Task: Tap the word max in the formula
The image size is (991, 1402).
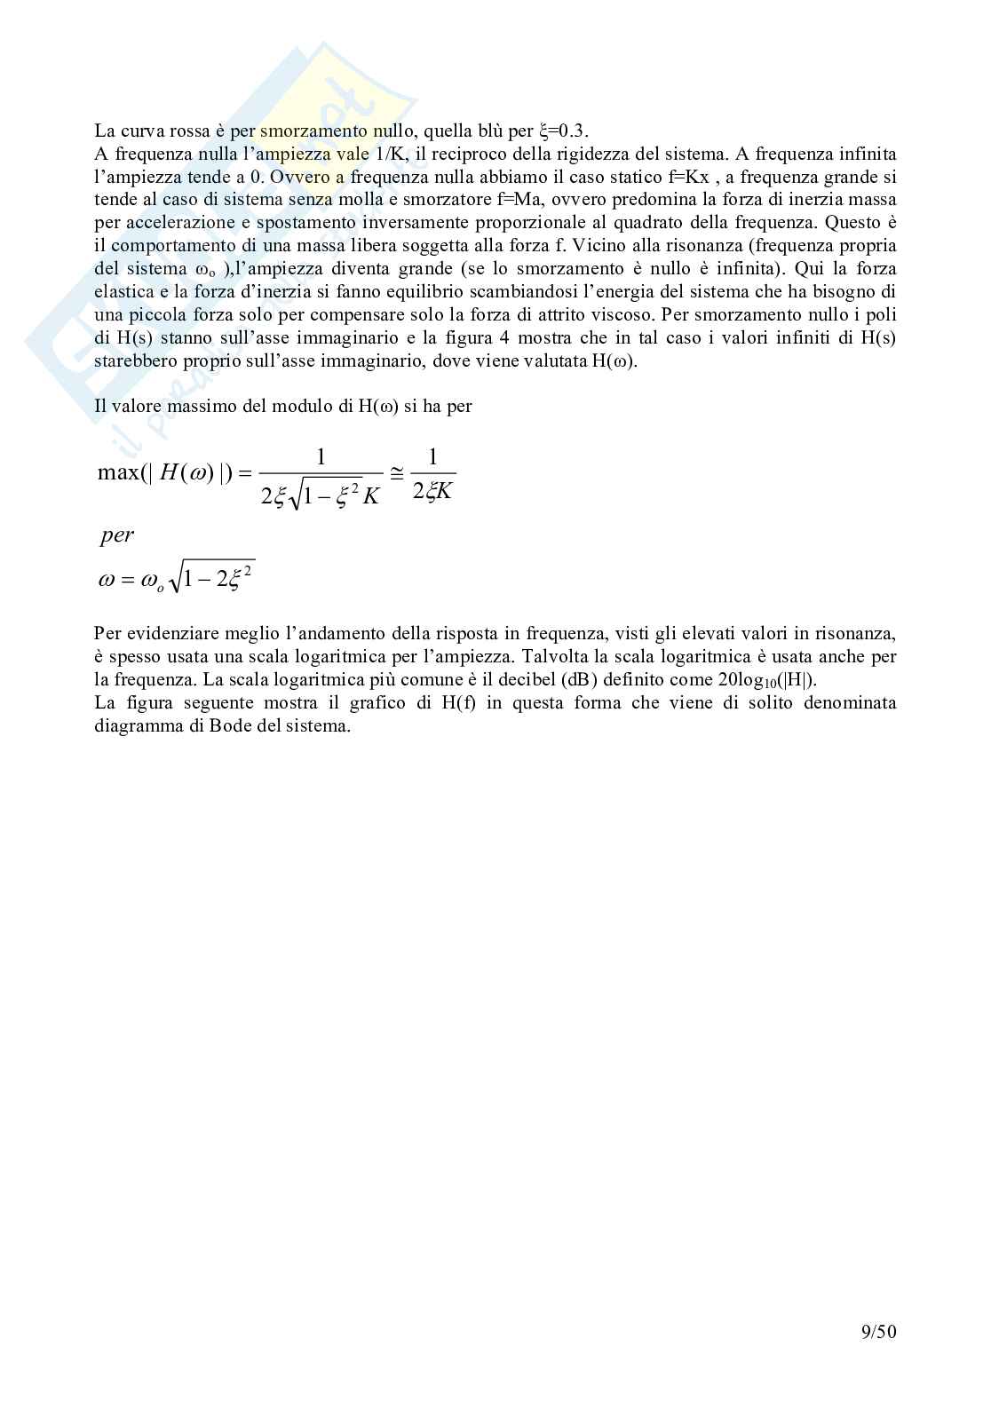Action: [117, 472]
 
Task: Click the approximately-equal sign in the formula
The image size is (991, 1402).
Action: [397, 471]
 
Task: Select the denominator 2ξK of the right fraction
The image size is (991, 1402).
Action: [432, 491]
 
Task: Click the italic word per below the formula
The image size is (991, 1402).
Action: [117, 535]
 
